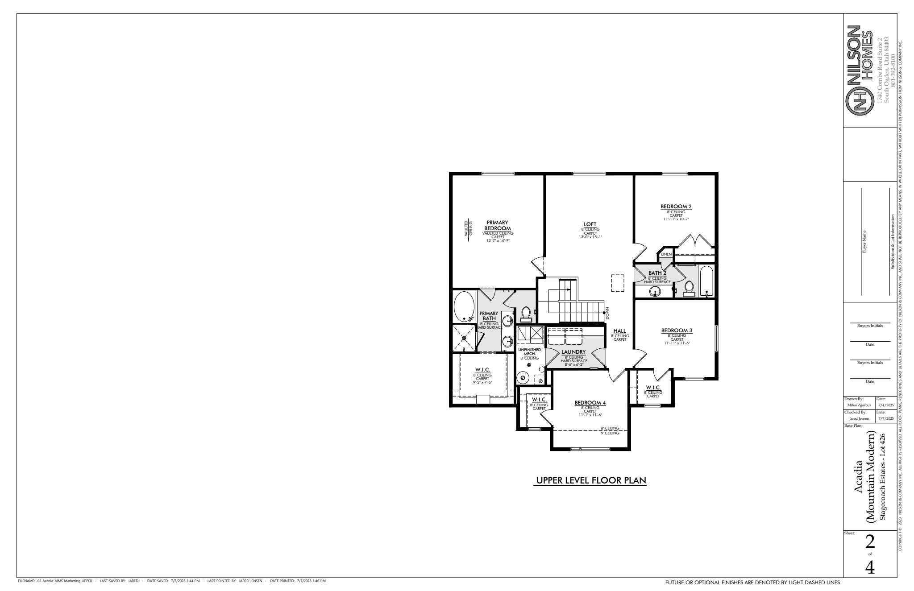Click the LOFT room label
click(x=590, y=224)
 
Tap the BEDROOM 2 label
click(x=676, y=207)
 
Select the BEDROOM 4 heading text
click(x=590, y=403)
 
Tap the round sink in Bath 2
click(x=655, y=292)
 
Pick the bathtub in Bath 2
click(x=706, y=281)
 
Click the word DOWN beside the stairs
click(x=607, y=313)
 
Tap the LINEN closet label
click(x=666, y=254)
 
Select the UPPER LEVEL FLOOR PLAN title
click(x=590, y=480)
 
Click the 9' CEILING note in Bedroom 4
click(x=610, y=433)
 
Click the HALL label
click(x=619, y=331)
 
